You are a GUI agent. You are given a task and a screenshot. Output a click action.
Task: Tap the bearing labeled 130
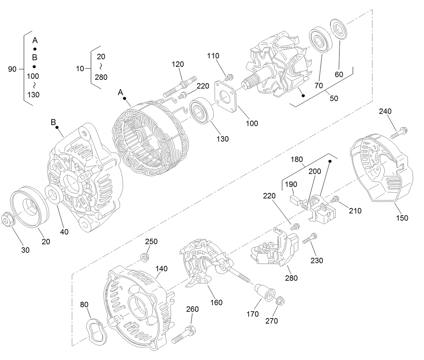[201, 111]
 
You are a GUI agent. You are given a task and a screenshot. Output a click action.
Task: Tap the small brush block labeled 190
[296, 200]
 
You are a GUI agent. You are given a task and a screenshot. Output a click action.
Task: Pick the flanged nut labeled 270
[279, 300]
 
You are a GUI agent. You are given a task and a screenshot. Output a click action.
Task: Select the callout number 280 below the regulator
[291, 278]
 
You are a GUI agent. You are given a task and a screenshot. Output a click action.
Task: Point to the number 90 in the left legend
[12, 69]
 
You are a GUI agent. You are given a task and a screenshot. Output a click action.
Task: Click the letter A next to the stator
[120, 92]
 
